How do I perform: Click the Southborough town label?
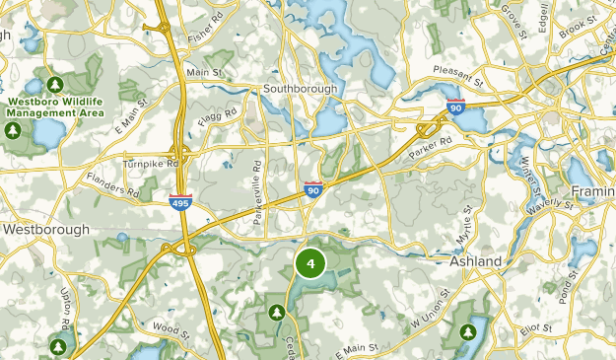tap(300, 88)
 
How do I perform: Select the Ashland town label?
tap(476, 261)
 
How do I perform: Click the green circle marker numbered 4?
tap(310, 263)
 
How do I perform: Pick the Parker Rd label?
tap(431, 147)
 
